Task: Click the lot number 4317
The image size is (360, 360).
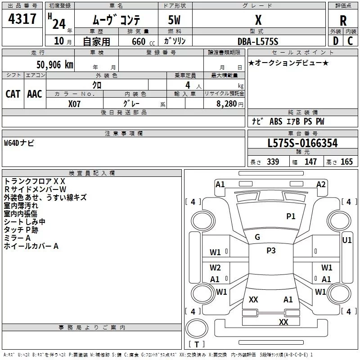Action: coord(22,19)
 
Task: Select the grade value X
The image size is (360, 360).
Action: coord(258,20)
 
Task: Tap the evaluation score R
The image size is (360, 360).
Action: coord(343,21)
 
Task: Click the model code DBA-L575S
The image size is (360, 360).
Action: coord(258,41)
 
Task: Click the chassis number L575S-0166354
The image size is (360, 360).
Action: coord(302,144)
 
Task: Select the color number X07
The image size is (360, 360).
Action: coord(75,103)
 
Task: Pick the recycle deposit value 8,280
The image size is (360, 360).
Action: coord(227,103)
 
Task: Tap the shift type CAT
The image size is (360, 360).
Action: coord(13,94)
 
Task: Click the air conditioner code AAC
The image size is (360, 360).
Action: coord(35,94)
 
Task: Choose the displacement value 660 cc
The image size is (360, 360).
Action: coord(138,41)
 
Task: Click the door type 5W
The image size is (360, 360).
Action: coord(175,21)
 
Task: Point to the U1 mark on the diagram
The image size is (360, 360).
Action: coord(347,240)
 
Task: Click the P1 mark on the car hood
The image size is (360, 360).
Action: coord(291,216)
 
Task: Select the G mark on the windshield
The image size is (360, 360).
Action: coord(257,237)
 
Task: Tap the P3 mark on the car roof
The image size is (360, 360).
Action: coord(271,251)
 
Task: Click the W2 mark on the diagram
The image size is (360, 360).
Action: coord(215,268)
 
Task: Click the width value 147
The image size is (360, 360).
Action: coord(310,162)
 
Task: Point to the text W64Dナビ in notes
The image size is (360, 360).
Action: coord(19,143)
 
